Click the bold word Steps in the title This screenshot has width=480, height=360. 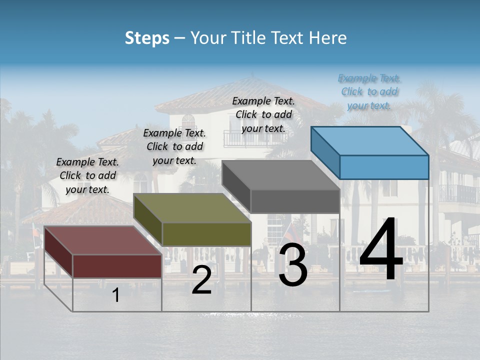click(147, 38)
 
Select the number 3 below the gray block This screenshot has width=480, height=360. click(293, 264)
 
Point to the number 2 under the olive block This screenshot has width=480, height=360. click(202, 280)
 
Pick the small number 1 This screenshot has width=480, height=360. click(116, 295)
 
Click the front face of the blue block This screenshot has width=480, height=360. click(384, 167)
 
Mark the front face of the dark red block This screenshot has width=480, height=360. click(117, 265)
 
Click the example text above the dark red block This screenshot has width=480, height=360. click(87, 175)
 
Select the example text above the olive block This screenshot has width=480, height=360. click(174, 146)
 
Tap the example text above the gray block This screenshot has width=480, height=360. click(263, 114)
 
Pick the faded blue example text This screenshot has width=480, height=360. click(369, 91)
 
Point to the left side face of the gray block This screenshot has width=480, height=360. click(236, 186)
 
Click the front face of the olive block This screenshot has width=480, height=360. click(206, 234)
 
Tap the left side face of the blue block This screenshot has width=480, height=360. click(325, 152)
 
